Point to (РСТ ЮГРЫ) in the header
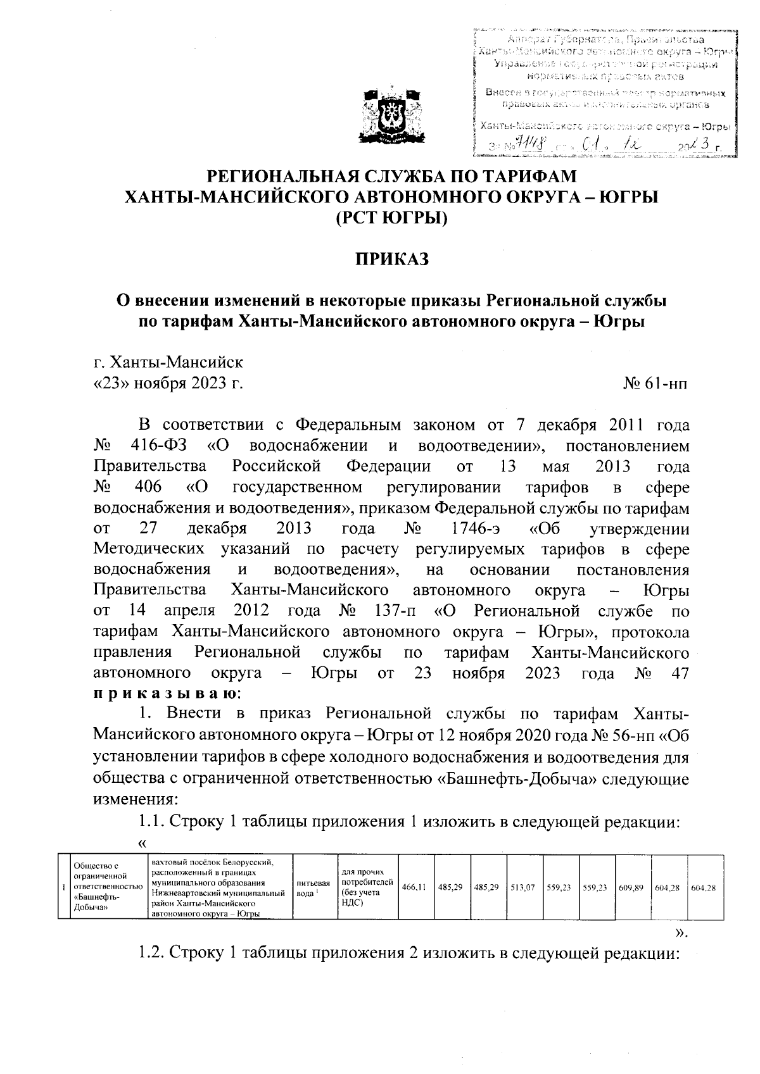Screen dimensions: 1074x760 (x=391, y=218)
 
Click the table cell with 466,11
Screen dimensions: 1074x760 (x=414, y=888)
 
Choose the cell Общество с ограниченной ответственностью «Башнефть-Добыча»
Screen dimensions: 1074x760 (x=105, y=888)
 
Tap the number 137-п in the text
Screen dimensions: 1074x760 (x=396, y=611)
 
